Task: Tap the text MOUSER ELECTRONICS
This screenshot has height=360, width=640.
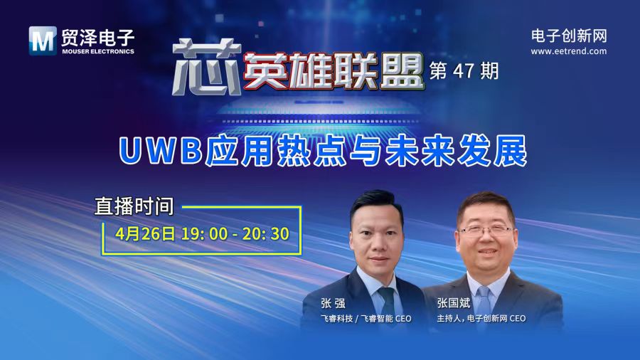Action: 96,51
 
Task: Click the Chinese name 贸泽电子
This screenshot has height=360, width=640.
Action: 96,36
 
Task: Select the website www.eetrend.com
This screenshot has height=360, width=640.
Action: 569,51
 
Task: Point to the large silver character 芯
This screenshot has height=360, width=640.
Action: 201,68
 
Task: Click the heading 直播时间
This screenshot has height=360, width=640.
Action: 134,206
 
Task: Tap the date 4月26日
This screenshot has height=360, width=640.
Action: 146,233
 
